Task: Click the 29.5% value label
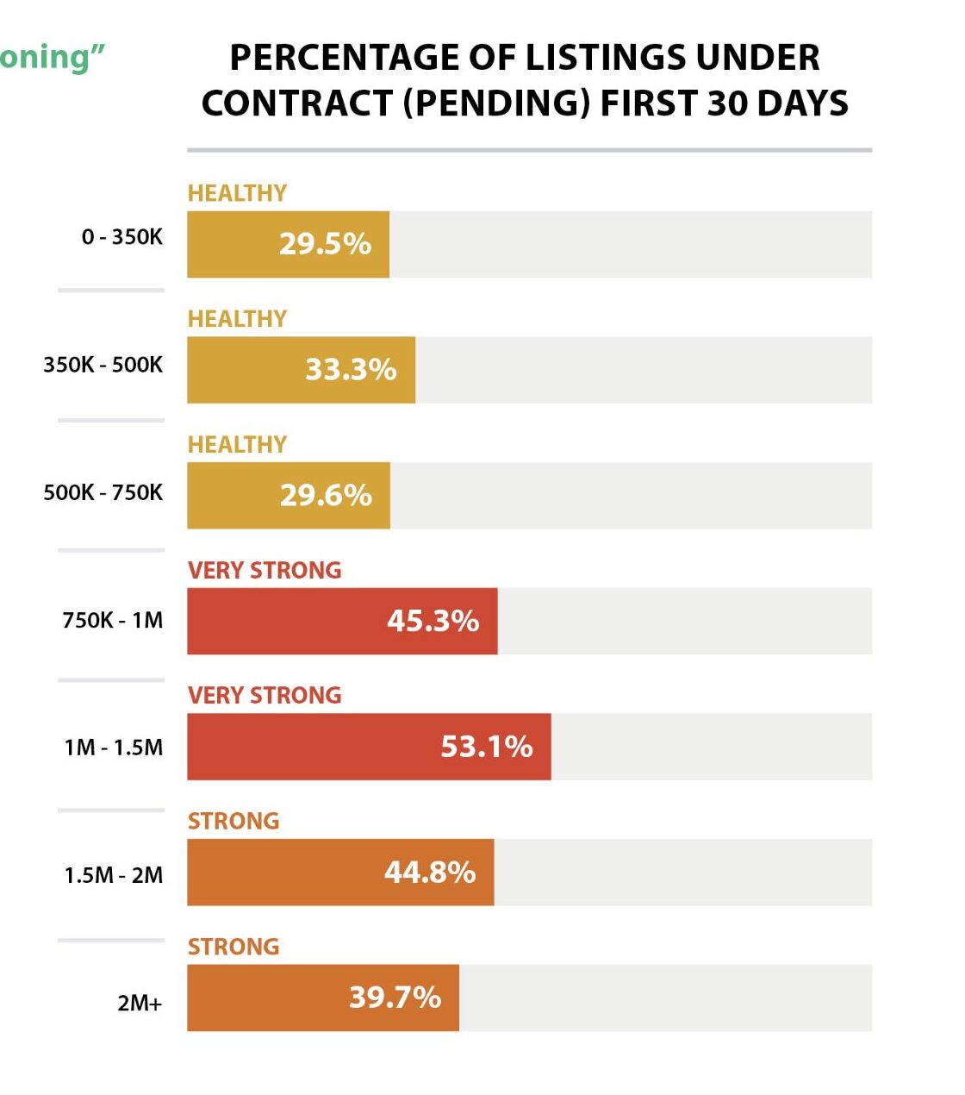325,244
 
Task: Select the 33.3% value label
351,370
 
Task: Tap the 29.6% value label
326,496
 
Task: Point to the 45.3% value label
433,621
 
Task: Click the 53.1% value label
487,747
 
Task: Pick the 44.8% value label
430,873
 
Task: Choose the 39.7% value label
395,998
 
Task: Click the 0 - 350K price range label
122,237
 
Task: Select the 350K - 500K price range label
103,365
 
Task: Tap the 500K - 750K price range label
103,492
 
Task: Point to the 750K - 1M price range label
112,620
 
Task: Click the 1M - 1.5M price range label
113,748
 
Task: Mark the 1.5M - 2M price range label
113,875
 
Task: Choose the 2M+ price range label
140,1003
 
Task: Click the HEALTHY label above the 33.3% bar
237,319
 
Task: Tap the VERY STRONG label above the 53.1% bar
265,696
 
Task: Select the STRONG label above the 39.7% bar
233,947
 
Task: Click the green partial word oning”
52,57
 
